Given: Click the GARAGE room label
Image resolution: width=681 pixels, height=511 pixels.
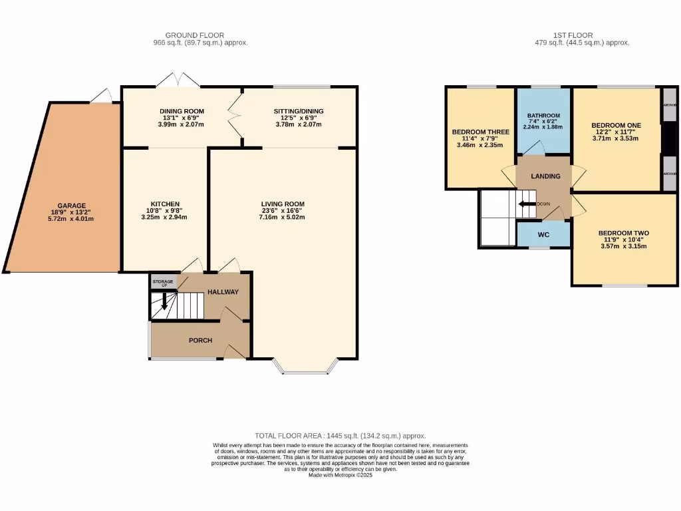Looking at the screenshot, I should tap(71, 206).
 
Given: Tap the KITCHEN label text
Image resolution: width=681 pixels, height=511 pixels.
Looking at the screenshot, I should tap(165, 204).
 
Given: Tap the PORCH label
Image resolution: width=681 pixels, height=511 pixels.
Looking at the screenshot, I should tap(200, 341).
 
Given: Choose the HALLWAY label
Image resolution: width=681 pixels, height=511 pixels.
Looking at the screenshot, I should tap(223, 292).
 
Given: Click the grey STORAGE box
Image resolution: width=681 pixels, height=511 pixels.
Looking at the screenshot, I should tap(163, 283).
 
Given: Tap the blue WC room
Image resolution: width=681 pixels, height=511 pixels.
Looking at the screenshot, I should tap(544, 234).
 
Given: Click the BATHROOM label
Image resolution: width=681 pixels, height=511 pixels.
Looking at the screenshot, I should tap(543, 115).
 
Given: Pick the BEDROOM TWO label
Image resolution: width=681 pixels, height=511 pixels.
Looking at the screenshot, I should tap(623, 233).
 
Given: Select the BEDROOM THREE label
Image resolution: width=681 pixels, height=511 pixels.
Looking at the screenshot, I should tap(480, 132).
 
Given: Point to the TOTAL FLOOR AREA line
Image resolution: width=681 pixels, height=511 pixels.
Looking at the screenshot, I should tap(340, 436).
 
